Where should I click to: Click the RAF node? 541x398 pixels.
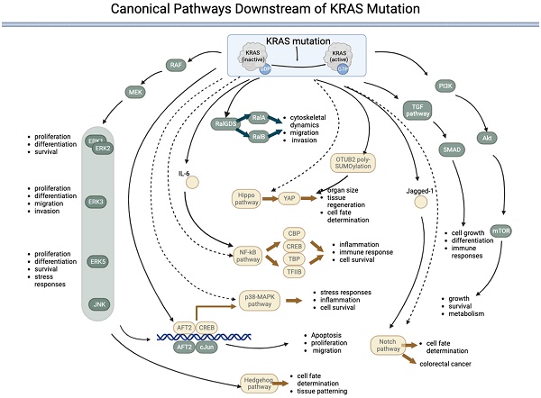pyautogui.click(x=176, y=65)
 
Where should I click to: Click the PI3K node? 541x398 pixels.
pyautogui.click(x=445, y=86)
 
